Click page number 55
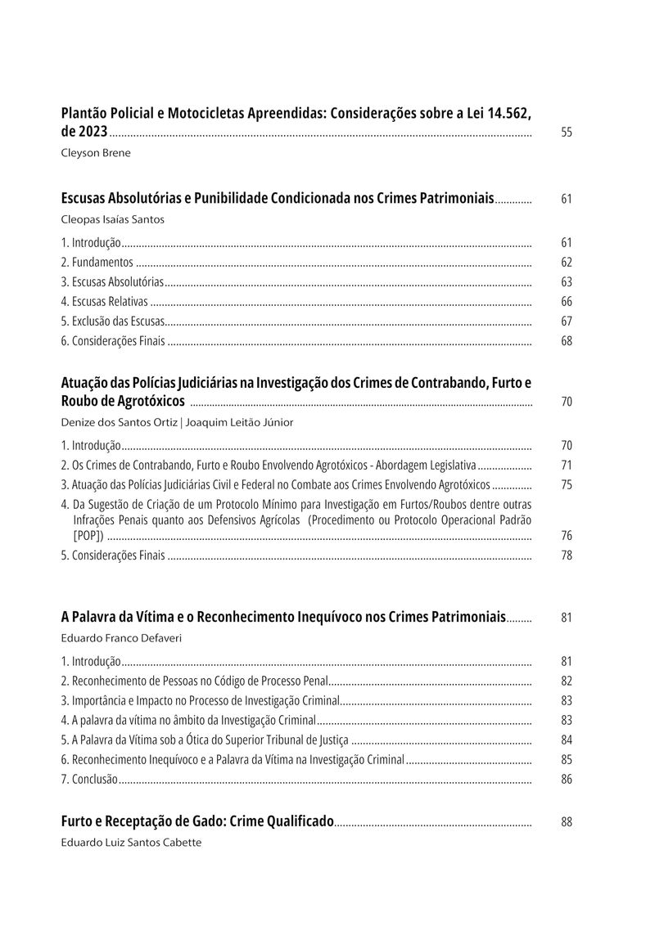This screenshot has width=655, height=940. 567,133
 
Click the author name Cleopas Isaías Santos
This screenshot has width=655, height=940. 113,219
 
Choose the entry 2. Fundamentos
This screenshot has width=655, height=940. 97,263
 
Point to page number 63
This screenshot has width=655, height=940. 567,282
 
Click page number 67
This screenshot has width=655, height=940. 567,322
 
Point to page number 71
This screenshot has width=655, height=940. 567,466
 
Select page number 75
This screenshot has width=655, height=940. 567,485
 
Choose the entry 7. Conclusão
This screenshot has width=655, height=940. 90,780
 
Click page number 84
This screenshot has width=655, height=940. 567,740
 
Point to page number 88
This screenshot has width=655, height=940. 567,822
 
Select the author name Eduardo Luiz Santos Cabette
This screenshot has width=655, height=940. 131,841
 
